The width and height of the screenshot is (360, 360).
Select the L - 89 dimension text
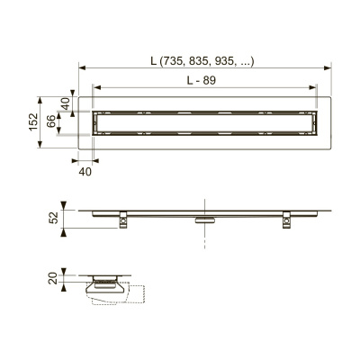(204, 81)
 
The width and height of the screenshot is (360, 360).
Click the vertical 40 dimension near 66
(66, 103)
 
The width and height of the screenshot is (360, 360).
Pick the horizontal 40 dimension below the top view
(85, 170)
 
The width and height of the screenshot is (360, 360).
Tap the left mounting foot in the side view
(123, 220)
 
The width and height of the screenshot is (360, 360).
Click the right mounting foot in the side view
(287, 220)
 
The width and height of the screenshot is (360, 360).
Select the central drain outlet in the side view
(205, 217)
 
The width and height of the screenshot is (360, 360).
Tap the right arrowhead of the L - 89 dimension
(315, 87)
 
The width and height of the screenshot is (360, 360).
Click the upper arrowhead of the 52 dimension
(64, 205)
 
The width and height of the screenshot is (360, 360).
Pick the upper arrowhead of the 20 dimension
(64, 273)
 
